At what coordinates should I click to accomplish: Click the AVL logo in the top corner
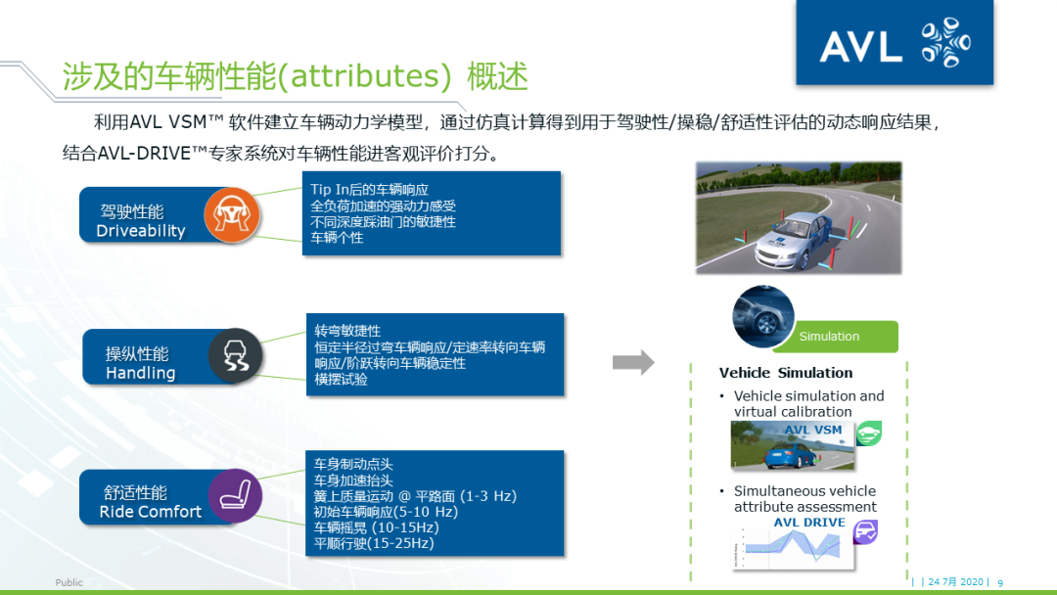point(894,44)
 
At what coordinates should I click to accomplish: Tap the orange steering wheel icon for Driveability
point(232,216)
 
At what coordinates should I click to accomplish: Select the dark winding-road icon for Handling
point(235,356)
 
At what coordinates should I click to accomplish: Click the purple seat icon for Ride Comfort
point(235,495)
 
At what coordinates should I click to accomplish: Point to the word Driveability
point(141,232)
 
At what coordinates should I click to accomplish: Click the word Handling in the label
point(141,373)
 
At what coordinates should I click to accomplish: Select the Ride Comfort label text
point(150,512)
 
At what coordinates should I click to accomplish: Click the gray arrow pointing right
point(633,362)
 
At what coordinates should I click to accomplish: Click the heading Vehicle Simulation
point(785,373)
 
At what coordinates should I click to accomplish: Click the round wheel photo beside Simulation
point(764,316)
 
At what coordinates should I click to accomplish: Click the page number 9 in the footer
point(1000,582)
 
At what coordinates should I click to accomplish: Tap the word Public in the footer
point(69,582)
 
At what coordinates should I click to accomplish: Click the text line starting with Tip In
point(369,189)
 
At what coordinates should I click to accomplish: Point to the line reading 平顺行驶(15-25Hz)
point(373,543)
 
